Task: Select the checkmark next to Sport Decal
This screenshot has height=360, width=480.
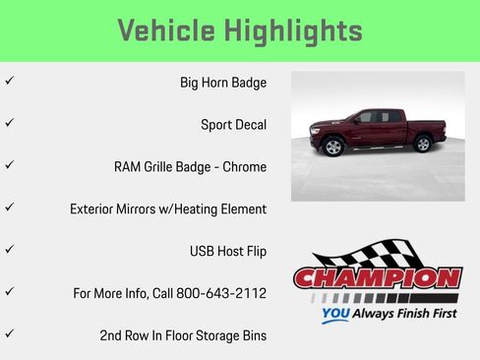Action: [x=9, y=124]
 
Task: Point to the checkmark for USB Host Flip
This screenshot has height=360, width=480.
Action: [x=9, y=250]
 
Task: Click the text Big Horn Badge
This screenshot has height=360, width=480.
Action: [x=223, y=84]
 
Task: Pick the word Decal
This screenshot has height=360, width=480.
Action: [x=249, y=125]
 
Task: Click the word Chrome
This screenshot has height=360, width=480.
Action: [x=244, y=167]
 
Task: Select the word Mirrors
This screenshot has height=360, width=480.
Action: [x=147, y=209]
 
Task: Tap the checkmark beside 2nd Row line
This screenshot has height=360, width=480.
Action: [x=9, y=333]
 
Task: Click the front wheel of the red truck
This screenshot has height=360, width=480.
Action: [x=333, y=148]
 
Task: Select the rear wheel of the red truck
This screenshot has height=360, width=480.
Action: [x=423, y=144]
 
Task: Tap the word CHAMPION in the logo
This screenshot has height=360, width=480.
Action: [x=377, y=278]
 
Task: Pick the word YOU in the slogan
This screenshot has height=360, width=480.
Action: [x=336, y=316]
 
